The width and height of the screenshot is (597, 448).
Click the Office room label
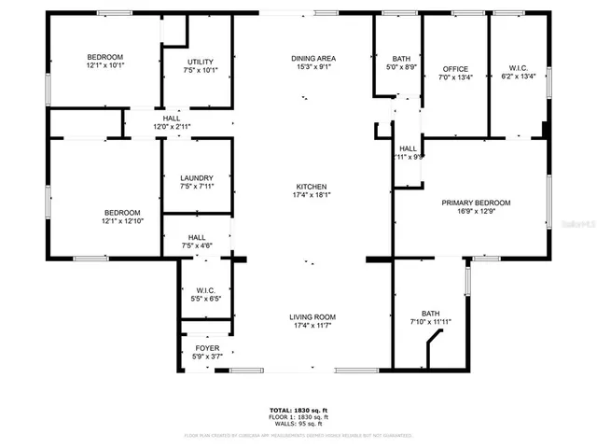coord(454,69)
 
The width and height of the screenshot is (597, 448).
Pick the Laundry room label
coord(196,177)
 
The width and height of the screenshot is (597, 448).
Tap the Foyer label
coord(207,348)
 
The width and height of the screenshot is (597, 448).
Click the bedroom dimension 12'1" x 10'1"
coord(105,66)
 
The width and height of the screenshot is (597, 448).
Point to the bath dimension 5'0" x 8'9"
coord(398,66)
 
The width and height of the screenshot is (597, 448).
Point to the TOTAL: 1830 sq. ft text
coord(298,411)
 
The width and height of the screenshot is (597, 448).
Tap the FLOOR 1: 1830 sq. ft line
coord(298,417)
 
